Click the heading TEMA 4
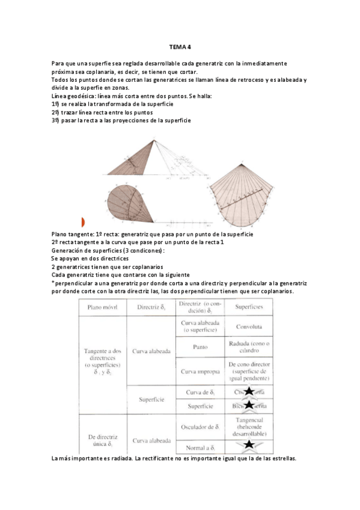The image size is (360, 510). (x=180, y=49)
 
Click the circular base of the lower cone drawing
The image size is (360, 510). (x=124, y=201)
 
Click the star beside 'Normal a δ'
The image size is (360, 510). (x=248, y=446)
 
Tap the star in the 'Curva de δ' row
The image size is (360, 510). (x=248, y=392)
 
